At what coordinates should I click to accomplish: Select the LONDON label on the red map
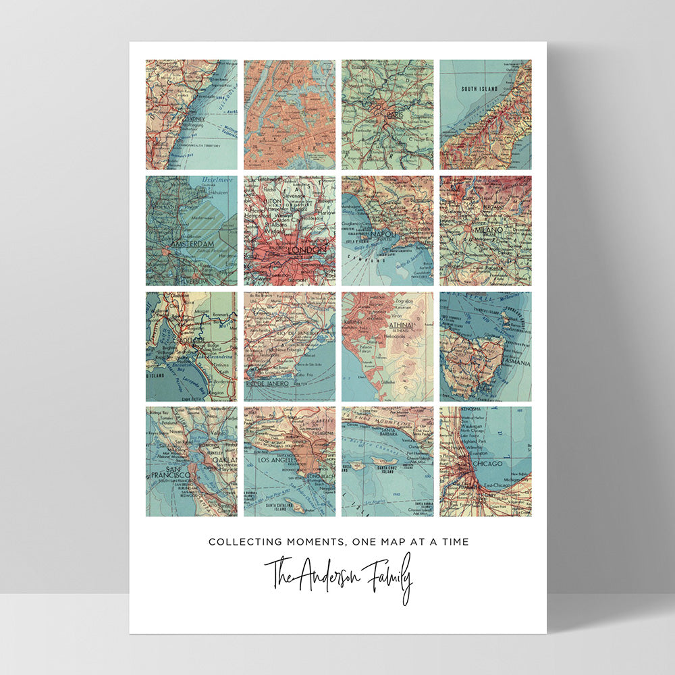click(307, 250)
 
